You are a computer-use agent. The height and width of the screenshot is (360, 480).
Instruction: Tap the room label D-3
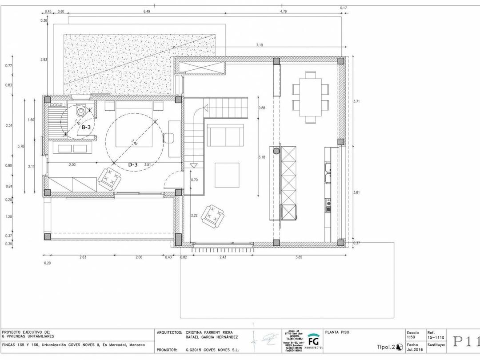[x=133, y=164]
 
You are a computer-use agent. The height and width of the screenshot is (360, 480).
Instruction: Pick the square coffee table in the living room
[x=227, y=175]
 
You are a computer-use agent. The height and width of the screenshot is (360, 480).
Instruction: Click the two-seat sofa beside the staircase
[x=225, y=136]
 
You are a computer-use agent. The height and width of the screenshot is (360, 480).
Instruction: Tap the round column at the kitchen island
[x=276, y=151]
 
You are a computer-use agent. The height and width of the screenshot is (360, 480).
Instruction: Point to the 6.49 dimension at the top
[x=147, y=12]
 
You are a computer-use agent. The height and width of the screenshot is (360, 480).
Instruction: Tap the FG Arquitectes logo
[x=313, y=340]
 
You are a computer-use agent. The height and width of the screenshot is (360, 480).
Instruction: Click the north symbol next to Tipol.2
[x=399, y=347]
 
